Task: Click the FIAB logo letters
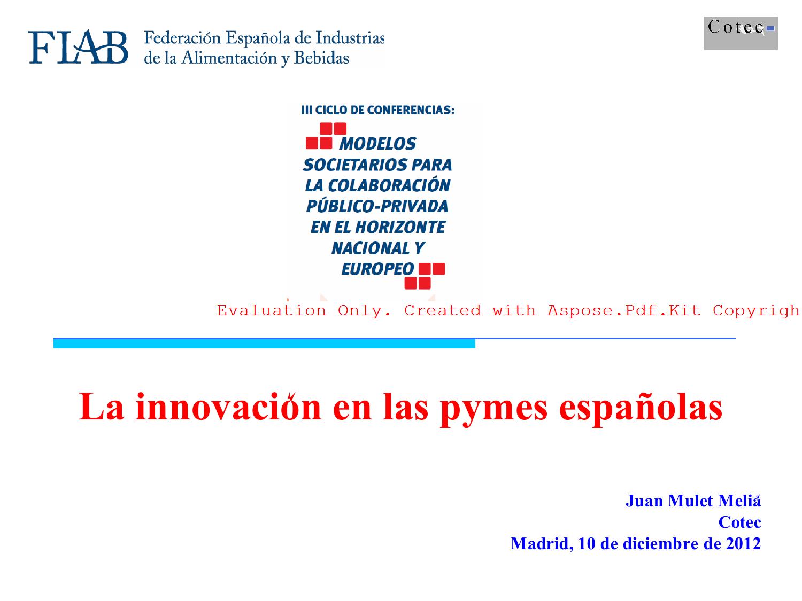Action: click(x=78, y=46)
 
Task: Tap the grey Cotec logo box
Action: click(x=741, y=33)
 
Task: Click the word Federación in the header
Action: click(x=182, y=37)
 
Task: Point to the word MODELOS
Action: click(x=377, y=144)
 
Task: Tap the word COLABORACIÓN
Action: click(x=389, y=185)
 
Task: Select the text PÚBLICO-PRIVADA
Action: click(x=377, y=206)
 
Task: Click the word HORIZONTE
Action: click(x=400, y=227)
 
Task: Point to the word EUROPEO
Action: click(x=377, y=269)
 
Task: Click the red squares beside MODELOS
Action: click(x=326, y=136)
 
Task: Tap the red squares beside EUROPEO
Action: click(x=425, y=276)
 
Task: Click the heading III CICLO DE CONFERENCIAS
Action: click(x=377, y=110)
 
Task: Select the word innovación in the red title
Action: click(x=228, y=407)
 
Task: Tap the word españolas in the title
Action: click(x=641, y=409)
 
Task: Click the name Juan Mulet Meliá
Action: click(x=693, y=501)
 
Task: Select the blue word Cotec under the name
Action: click(x=739, y=522)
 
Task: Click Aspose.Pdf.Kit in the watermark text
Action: click(x=624, y=310)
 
